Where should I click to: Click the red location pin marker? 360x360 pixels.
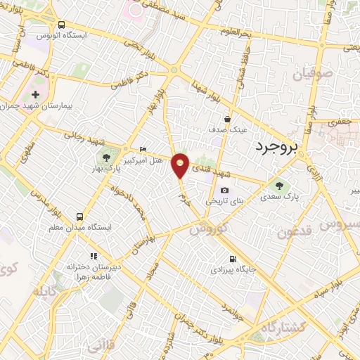[181, 165]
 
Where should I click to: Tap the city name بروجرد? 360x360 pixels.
[275, 145]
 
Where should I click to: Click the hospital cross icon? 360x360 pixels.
[36, 94]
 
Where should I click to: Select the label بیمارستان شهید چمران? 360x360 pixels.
[39, 107]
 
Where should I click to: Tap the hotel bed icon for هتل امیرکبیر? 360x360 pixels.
[143, 149]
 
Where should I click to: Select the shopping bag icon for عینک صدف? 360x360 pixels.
[227, 119]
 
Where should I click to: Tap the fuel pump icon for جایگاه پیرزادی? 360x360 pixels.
[233, 257]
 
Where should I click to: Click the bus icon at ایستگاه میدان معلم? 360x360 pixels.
[79, 217]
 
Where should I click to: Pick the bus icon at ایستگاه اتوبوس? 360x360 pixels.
[62, 23]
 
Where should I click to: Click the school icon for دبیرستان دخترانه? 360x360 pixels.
[92, 257]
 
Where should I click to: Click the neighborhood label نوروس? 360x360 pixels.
[210, 229]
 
